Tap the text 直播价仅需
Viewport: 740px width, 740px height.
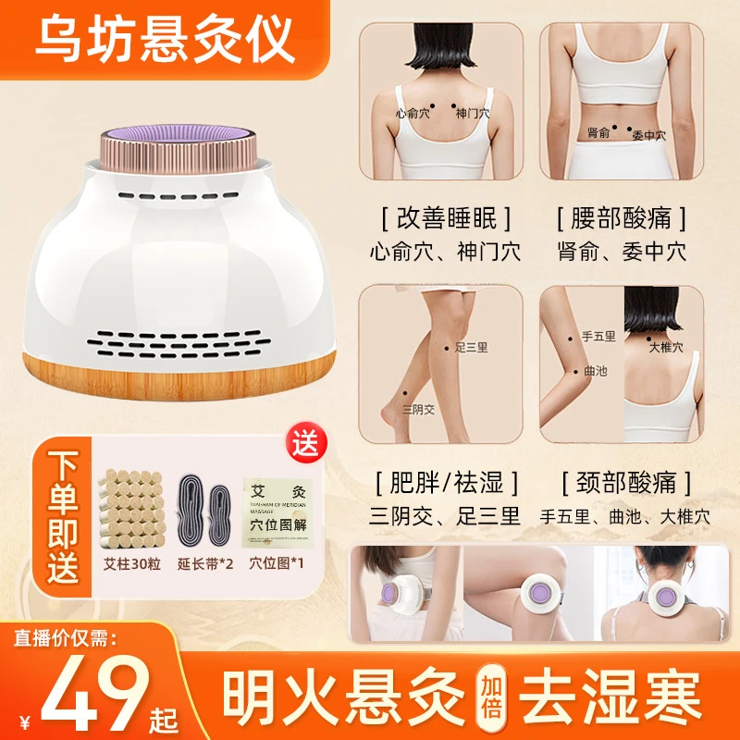[56, 637]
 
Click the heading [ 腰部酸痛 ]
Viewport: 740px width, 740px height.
[622, 219]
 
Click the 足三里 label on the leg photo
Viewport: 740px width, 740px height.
[471, 349]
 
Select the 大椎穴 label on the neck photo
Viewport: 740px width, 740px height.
[666, 347]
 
